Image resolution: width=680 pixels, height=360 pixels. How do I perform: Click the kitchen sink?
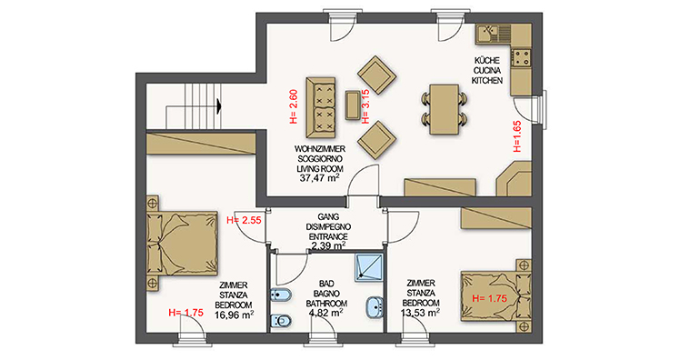click(x=493, y=34)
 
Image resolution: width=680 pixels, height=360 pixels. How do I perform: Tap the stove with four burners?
click(x=521, y=57)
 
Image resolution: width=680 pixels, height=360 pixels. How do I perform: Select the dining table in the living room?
click(x=444, y=109)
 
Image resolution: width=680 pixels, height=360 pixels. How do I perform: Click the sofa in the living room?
click(x=321, y=107)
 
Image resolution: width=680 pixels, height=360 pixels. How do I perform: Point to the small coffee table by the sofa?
click(x=352, y=105)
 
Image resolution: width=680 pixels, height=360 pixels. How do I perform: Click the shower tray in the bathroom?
click(x=369, y=267)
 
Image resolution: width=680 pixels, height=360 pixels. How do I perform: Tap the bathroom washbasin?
click(x=375, y=307)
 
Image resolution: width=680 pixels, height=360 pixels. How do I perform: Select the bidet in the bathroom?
click(x=281, y=296)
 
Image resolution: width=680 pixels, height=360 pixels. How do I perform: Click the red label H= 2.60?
click(x=294, y=106)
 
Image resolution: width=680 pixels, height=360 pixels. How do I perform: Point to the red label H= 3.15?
click(x=365, y=106)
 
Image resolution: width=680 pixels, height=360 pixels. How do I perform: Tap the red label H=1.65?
click(x=517, y=136)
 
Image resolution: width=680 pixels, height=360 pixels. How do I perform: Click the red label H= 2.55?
click(x=245, y=220)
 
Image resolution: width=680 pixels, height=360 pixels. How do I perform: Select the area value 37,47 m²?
click(x=320, y=178)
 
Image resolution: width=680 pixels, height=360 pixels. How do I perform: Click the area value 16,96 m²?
click(x=235, y=315)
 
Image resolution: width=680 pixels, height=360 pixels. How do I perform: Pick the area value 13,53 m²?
click(x=421, y=313)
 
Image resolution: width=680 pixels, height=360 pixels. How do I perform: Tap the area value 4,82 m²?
click(x=326, y=313)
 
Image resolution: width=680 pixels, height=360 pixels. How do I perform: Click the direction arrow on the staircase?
click(x=219, y=105)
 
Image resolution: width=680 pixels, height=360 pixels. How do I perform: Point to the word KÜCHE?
click(x=487, y=61)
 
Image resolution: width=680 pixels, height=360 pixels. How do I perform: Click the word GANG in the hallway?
click(x=328, y=217)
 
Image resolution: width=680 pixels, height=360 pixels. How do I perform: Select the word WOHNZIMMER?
click(x=320, y=149)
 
